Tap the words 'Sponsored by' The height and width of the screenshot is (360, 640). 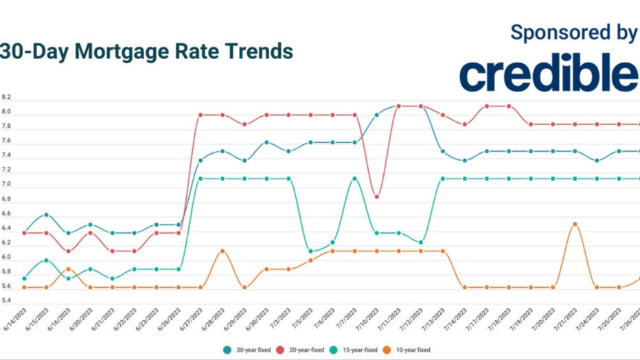(573, 33)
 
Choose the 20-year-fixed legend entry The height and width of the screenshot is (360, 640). (303, 350)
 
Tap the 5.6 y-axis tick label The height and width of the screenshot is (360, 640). (6, 301)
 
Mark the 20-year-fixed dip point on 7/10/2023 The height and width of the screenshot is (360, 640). (376, 196)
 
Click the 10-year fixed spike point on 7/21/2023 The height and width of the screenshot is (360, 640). (575, 224)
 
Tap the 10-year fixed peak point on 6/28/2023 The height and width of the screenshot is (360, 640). (222, 251)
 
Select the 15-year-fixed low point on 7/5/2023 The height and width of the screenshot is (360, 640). (310, 251)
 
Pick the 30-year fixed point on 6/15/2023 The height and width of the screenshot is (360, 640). (46, 214)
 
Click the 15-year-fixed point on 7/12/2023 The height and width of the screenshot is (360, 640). (420, 243)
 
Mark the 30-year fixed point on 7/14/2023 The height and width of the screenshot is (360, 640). (465, 161)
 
